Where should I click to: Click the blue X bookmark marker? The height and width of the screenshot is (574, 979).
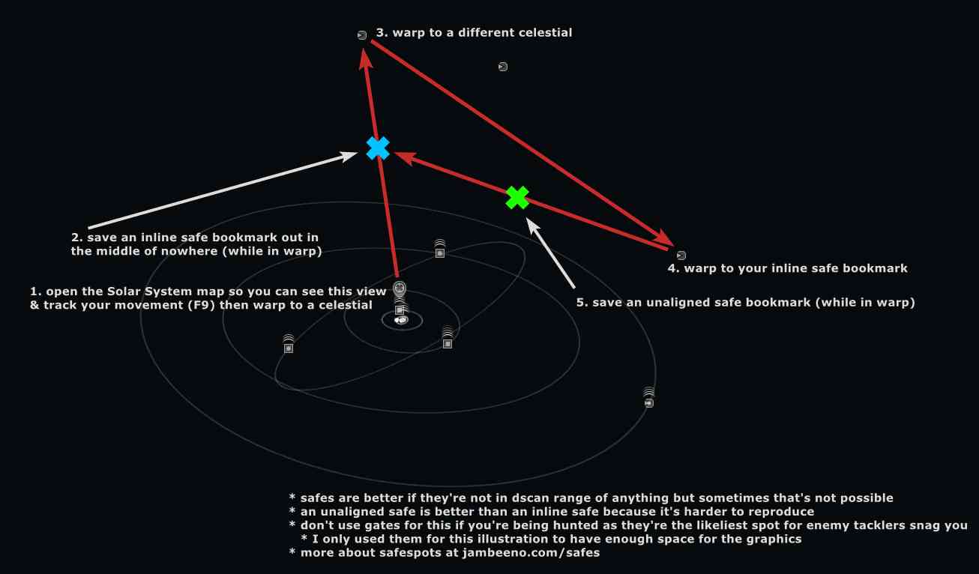(x=378, y=148)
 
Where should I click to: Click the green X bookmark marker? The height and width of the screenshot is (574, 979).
(x=517, y=197)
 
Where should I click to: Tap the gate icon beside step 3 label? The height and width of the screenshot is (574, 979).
(x=362, y=35)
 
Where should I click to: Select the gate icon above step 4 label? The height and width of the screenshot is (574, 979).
(x=681, y=255)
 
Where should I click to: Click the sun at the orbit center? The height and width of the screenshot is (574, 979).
(x=401, y=320)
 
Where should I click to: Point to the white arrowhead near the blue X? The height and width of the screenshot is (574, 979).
(x=349, y=156)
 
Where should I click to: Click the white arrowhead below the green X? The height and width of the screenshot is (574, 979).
(x=532, y=225)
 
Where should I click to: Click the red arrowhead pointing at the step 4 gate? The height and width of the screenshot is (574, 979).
(x=663, y=238)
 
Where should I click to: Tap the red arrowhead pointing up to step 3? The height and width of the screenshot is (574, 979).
(x=365, y=59)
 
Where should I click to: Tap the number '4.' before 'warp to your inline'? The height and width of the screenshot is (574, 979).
(x=673, y=268)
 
